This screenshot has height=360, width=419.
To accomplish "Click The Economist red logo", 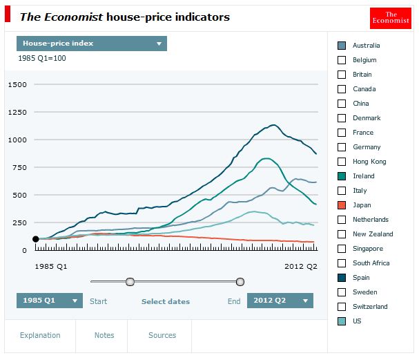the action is tap(391, 18).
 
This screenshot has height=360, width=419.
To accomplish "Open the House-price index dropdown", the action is tap(92, 44).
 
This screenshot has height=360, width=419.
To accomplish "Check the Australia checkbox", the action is tap(342, 46).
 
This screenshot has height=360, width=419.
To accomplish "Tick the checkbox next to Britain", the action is tap(342, 75).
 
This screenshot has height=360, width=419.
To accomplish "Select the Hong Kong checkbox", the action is tap(342, 162).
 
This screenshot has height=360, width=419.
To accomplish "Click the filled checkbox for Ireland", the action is tap(342, 176).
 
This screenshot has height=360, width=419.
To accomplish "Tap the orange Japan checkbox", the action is tap(342, 205).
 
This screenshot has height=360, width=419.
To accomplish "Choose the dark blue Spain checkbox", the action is tap(342, 278).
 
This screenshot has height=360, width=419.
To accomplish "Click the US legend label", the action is tap(357, 321).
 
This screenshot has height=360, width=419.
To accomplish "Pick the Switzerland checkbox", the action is tap(342, 307).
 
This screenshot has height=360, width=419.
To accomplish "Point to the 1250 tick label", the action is tap(17, 112).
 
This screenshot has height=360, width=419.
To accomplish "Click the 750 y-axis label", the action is tap(19, 167).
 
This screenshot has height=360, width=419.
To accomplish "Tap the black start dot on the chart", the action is tap(35, 239).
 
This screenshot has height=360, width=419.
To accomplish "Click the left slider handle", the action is tap(130, 282).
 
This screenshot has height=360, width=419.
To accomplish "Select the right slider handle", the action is tap(240, 282).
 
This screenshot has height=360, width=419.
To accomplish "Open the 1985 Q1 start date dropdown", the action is tap(50, 301).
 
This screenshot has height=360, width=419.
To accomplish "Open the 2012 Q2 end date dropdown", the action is tap(280, 301).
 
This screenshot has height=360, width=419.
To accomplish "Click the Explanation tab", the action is tap(40, 335).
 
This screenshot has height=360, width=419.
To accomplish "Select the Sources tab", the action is tap(162, 335).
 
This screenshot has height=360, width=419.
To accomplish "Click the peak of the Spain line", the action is tap(273, 125).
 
